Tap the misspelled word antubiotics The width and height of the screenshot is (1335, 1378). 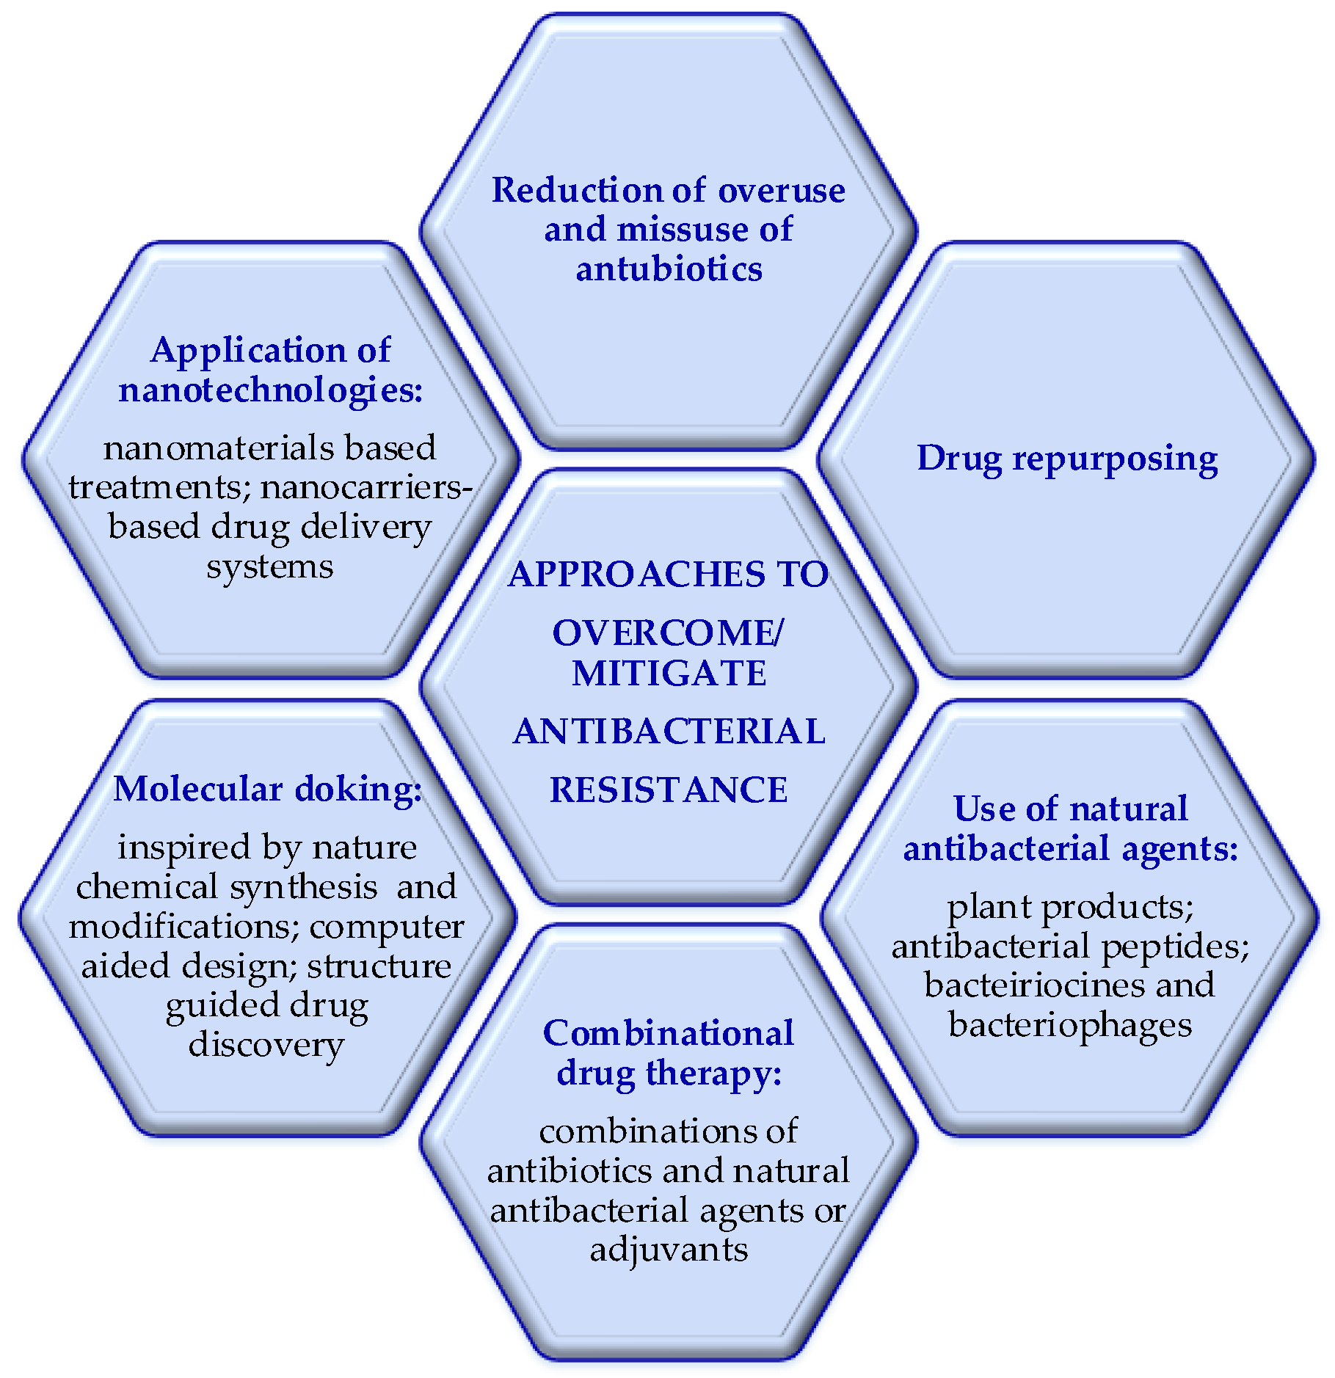point(669,269)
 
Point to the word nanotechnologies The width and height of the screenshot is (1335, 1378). point(271,390)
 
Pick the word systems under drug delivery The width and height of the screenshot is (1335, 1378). point(269,566)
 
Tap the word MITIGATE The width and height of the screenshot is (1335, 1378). point(669,674)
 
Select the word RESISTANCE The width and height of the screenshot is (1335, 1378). point(669,790)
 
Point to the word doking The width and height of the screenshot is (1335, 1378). point(358,790)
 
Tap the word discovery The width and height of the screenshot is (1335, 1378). point(266,1044)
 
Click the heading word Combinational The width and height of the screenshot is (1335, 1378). point(668,1033)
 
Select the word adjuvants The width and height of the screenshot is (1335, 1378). point(669,1249)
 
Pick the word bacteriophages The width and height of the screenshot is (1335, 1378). point(1069,1025)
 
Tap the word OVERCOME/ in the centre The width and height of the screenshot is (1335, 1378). point(669,633)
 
